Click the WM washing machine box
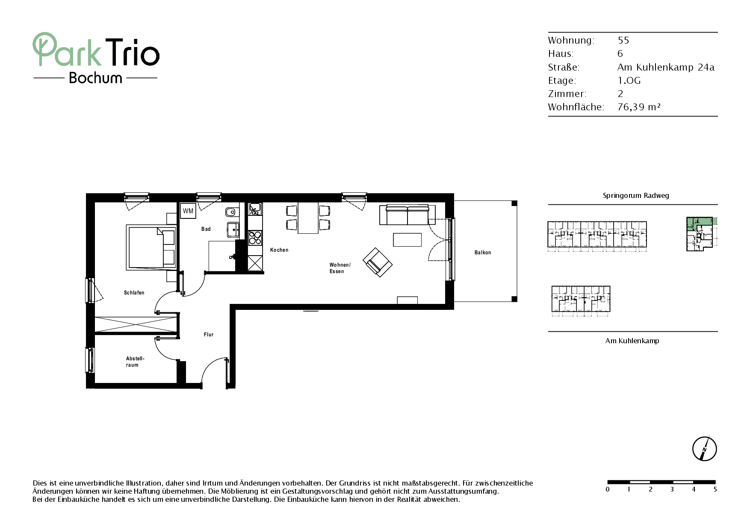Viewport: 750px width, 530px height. [188, 211]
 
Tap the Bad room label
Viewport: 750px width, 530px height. [206, 229]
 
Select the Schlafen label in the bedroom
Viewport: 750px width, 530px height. [134, 293]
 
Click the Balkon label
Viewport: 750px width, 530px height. [483, 253]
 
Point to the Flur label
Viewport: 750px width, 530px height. [209, 335]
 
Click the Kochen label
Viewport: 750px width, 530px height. [279, 250]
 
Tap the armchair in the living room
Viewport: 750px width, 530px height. [377, 262]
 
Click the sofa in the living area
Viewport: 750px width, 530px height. [407, 215]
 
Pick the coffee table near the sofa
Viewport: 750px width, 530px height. [407, 239]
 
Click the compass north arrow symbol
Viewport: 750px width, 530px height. [705, 449]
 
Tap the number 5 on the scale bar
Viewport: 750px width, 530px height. [715, 489]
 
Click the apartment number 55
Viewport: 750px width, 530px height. [623, 40]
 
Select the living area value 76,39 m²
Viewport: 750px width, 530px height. [639, 107]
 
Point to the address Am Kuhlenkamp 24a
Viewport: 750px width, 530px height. [666, 67]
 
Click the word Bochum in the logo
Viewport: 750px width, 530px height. [96, 78]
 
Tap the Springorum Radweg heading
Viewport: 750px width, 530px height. [636, 196]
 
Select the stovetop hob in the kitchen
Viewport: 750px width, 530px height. [255, 238]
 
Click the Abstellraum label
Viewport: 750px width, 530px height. [135, 362]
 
